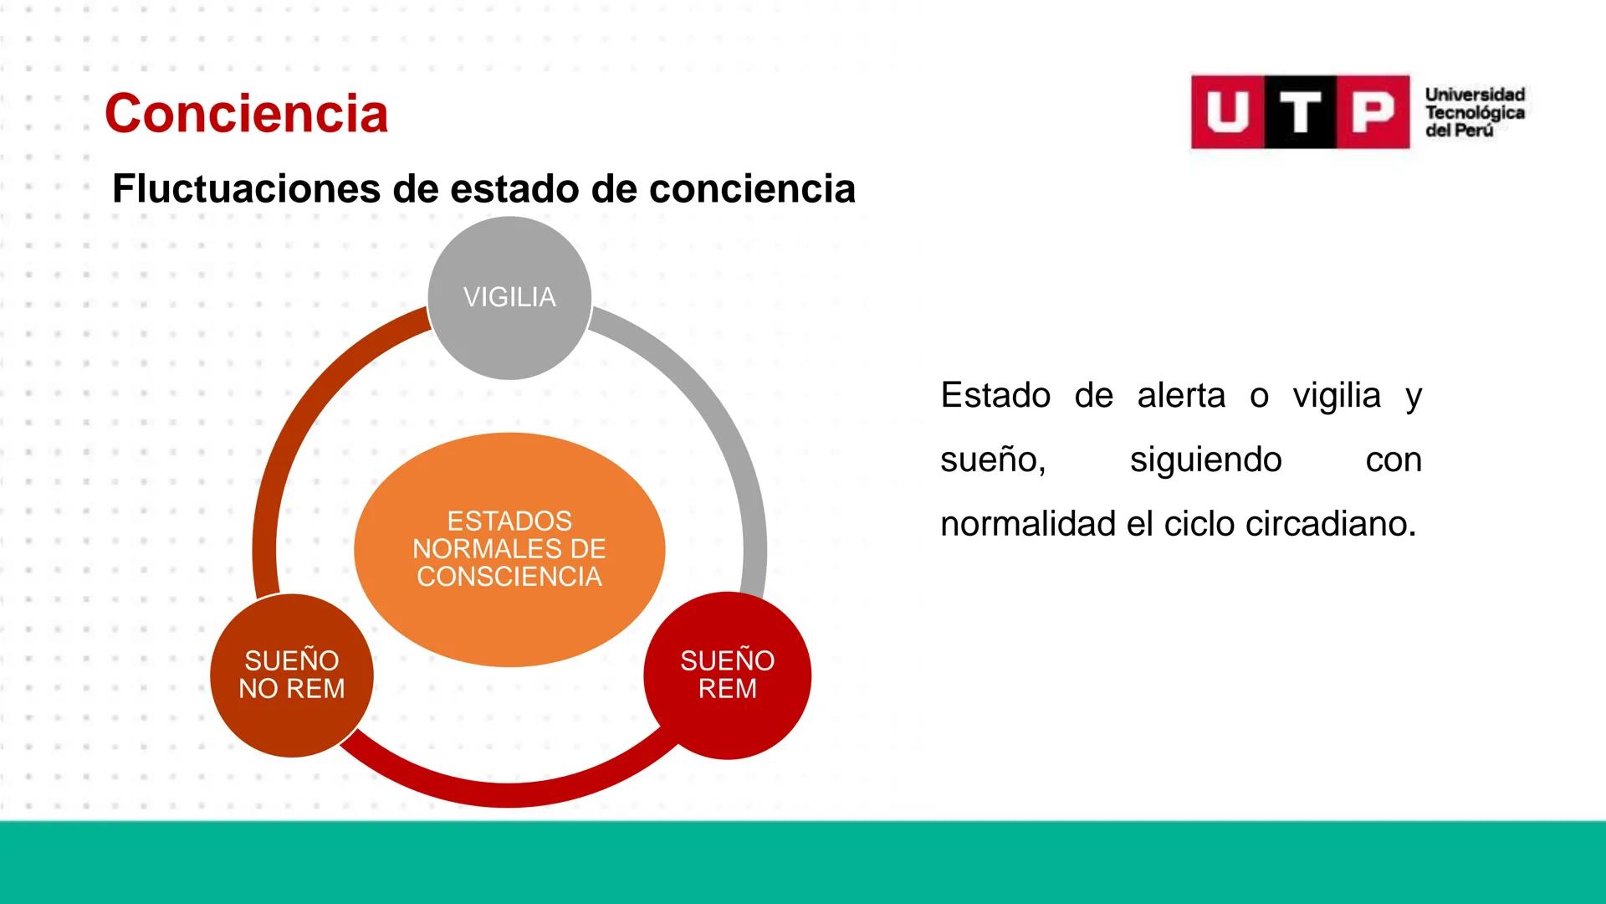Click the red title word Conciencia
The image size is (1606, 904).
[x=246, y=114]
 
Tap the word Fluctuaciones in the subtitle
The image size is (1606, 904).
[x=246, y=189]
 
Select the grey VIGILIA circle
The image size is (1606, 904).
[x=509, y=297]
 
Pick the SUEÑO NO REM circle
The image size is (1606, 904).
[x=291, y=675]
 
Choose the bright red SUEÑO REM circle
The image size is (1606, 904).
[x=727, y=675]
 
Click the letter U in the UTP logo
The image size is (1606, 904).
[x=1226, y=112]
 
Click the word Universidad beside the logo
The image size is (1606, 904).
[x=1475, y=95]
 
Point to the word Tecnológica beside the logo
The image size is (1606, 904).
[x=1475, y=113]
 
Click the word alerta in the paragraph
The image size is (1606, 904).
[x=1181, y=395]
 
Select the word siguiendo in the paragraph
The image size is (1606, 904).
[x=1205, y=460]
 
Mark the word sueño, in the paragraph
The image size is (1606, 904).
[x=993, y=460]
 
